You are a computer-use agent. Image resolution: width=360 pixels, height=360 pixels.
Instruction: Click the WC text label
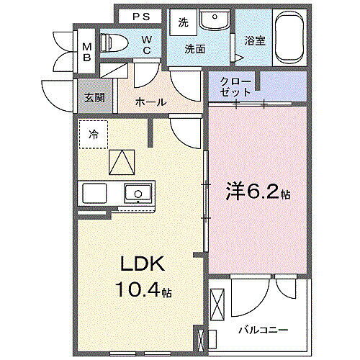146,45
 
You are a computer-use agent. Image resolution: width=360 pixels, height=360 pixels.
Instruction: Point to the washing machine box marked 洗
183,22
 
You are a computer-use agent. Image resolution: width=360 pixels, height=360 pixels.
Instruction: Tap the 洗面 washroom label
195,49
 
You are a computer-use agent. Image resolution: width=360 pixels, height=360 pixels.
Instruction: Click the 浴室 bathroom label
255,41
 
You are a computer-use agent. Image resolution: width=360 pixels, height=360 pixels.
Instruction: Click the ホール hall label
151,102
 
